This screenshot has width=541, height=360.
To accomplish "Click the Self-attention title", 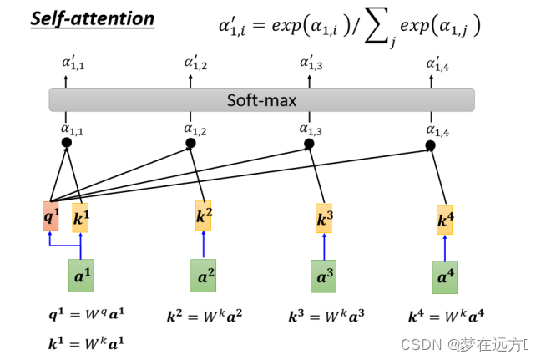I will tap(92, 18).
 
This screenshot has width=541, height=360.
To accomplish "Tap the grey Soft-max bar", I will tap(261, 100).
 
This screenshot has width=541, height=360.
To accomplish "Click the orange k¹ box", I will tap(80, 219).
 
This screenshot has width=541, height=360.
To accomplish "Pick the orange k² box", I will tap(204, 215).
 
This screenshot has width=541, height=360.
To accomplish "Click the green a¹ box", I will tap(80, 275).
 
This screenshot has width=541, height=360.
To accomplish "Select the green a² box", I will tap(203, 275).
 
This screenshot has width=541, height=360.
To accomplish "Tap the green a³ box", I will tap(324, 276).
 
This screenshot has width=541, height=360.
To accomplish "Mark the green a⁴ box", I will tap(444, 276).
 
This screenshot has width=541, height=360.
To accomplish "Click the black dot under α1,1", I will tap(67, 143).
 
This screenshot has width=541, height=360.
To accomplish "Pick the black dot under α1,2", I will tap(190, 144).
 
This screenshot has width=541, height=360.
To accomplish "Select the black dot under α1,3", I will tap(309, 144).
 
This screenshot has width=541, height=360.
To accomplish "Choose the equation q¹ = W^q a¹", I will tap(86, 316).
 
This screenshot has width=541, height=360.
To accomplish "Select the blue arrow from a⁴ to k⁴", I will tap(445, 247).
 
